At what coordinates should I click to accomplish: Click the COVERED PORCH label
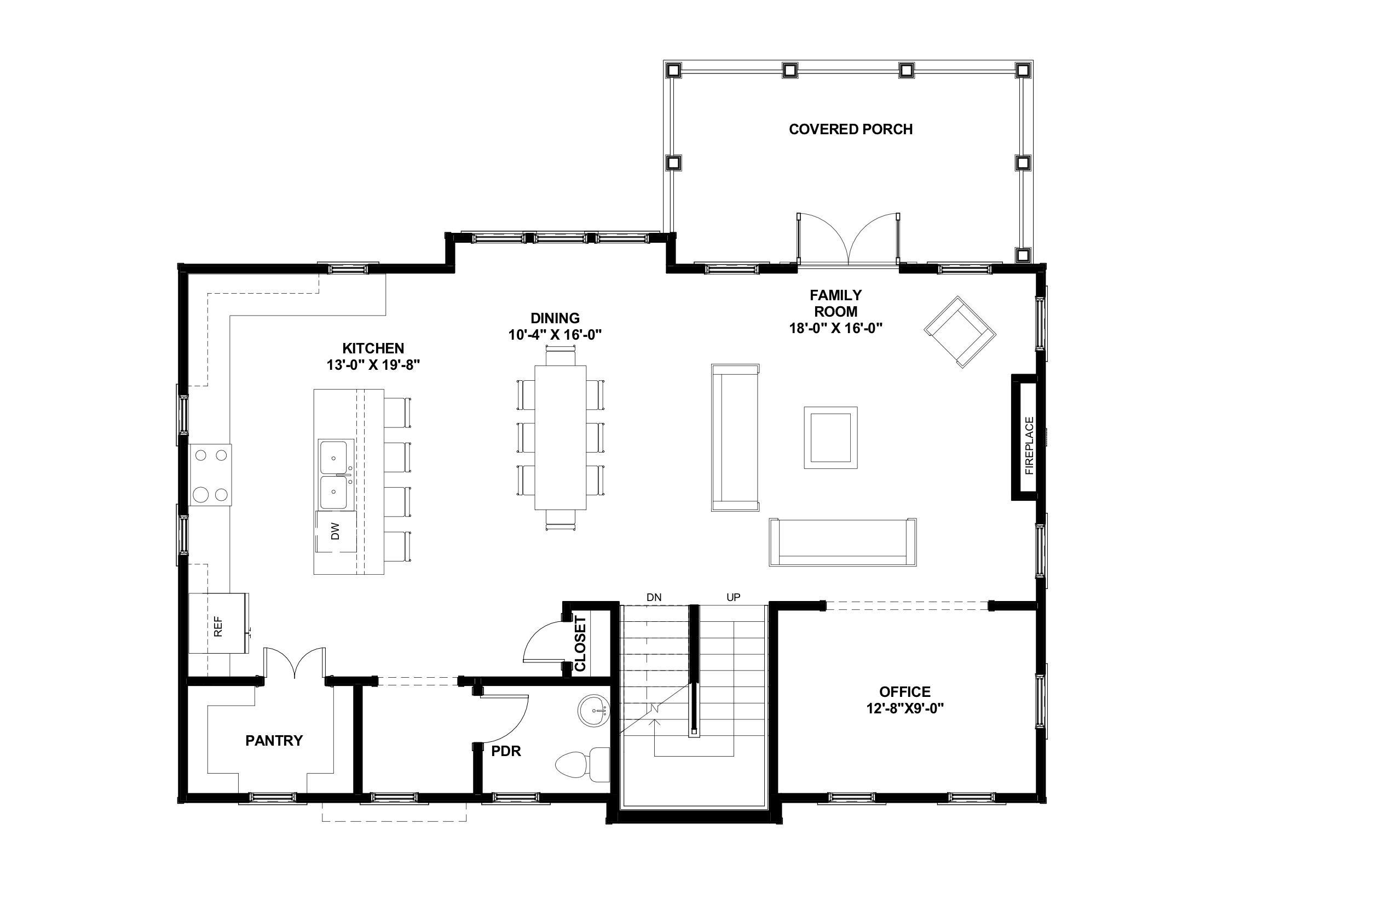point(851,129)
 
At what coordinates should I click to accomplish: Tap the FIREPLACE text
point(1029,445)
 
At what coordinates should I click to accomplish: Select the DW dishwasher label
point(335,532)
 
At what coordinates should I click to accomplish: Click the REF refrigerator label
point(218,626)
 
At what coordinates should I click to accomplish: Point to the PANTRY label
point(274,741)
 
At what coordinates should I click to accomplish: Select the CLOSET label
point(581,643)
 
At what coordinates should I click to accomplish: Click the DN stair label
point(654,598)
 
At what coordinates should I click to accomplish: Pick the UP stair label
point(733,598)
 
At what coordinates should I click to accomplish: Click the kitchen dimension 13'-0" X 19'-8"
point(373,365)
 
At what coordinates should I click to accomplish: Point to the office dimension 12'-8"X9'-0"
point(905,708)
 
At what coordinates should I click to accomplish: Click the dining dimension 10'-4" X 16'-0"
point(555,335)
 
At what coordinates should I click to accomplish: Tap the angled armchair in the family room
point(960,331)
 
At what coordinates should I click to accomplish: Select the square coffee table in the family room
point(830,437)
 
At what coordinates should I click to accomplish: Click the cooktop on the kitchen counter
point(211,475)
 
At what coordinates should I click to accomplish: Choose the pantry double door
point(295,663)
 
